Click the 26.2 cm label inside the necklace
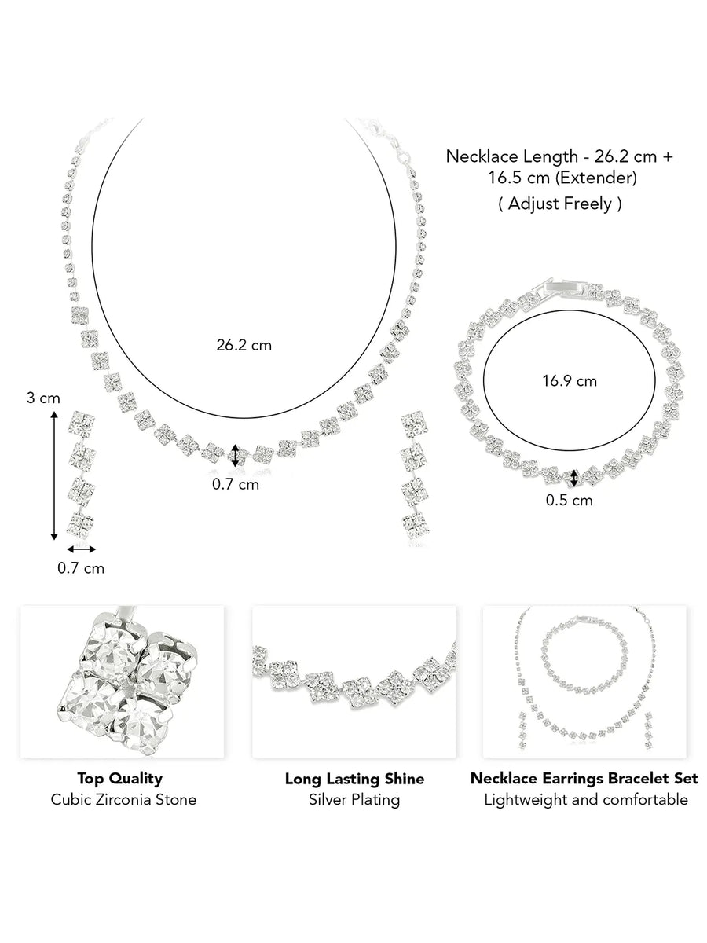coord(244,345)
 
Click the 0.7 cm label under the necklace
coord(236,485)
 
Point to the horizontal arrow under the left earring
coord(81,549)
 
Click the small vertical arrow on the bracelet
coord(574,477)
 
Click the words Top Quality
coord(120,779)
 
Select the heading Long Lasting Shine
coord(354,779)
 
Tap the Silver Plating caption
coord(354,800)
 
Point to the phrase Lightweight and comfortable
coord(585,800)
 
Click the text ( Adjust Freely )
coord(560,204)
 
